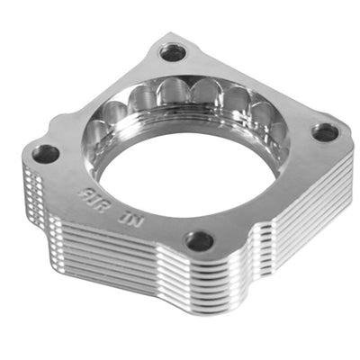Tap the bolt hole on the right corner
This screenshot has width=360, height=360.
[x=326, y=132]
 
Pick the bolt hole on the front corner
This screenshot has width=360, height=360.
[x=199, y=240]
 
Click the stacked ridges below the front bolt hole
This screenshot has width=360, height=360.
[x=198, y=288]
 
